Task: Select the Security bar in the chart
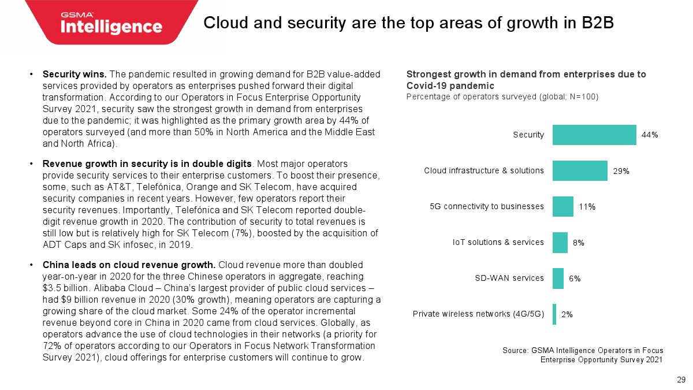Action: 594,135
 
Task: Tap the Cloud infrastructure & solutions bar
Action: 580,170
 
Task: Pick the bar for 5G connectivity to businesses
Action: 562,206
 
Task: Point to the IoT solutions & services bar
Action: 560,242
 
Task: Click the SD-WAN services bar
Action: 558,278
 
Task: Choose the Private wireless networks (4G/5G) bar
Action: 554,314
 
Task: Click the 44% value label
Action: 650,135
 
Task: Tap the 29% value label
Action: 621,171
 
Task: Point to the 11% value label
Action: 587,207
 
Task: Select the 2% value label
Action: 567,314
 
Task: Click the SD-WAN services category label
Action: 509,278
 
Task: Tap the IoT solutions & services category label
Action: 498,242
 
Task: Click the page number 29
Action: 681,380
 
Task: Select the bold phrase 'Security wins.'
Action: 74,75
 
